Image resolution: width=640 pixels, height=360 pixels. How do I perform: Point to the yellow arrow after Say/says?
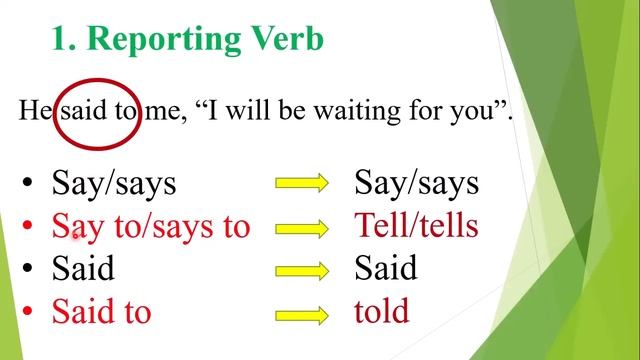click(302, 183)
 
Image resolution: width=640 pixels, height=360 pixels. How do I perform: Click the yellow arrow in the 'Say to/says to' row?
click(302, 227)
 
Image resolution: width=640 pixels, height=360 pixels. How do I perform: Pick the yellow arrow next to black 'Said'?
click(302, 270)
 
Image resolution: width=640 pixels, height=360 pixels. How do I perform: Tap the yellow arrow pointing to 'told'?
click(302, 313)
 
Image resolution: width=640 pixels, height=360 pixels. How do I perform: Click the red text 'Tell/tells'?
click(416, 226)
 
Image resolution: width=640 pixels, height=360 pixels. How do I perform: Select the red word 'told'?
click(381, 311)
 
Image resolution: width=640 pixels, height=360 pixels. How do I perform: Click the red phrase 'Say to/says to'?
click(150, 227)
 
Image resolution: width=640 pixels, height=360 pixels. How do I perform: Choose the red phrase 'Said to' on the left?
click(101, 312)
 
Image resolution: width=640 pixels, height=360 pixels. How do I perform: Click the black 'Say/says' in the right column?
click(416, 184)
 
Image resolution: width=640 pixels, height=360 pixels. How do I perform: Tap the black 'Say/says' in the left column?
click(114, 184)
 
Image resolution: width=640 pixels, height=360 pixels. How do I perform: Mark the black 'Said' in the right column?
click(385, 268)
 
